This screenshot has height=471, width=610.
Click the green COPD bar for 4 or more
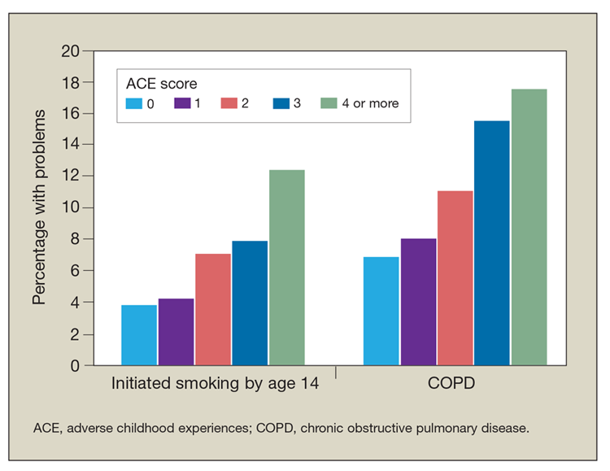point(529,227)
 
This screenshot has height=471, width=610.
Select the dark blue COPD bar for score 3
point(491,243)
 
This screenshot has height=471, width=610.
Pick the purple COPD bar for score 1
point(418,302)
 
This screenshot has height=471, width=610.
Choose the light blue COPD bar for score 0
point(381,312)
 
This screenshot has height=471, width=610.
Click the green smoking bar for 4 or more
point(287,268)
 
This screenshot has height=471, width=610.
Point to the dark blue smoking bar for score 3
point(250,303)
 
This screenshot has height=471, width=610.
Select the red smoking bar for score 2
point(213,310)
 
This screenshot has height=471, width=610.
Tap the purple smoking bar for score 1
point(176,332)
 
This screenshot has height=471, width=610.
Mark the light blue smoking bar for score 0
point(139,335)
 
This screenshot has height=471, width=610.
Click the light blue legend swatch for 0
point(134,104)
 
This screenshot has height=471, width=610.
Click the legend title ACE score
point(161,83)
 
